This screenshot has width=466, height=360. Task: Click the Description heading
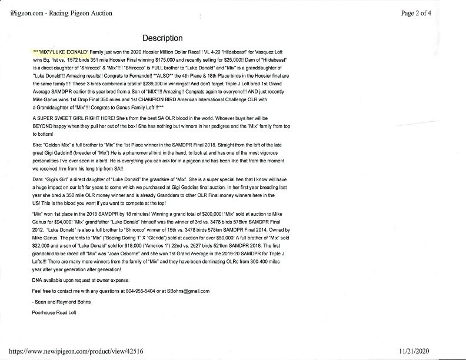pyautogui.click(x=162, y=39)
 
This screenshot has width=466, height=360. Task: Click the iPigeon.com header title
pyautogui.click(x=61, y=12)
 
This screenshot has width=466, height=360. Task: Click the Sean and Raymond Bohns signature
pyautogui.click(x=61, y=302)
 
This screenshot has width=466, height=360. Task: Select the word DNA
pyautogui.click(x=38, y=279)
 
